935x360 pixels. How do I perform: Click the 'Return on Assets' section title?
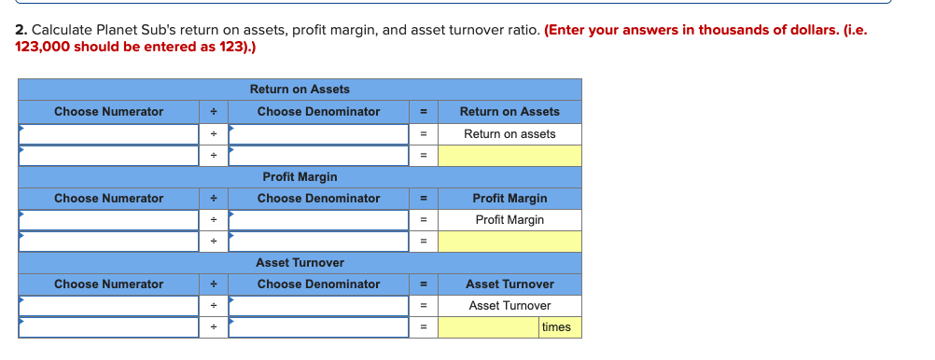tap(300, 90)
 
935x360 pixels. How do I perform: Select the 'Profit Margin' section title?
tap(300, 176)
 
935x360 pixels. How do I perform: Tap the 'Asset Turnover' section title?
tap(300, 263)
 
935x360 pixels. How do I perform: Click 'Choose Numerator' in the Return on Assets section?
tap(108, 112)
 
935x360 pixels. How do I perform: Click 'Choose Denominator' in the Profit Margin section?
tap(318, 199)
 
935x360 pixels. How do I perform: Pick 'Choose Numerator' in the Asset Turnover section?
tap(108, 284)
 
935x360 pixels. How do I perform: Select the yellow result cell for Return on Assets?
tap(509, 156)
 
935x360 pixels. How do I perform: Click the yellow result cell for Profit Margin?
tap(509, 242)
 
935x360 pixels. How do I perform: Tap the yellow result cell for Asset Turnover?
tap(488, 327)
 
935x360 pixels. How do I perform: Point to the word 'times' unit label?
tap(556, 327)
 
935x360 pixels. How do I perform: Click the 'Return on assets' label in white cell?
tap(509, 134)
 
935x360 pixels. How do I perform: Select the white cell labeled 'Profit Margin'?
tap(509, 220)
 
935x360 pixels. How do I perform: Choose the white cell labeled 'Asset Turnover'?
tap(509, 306)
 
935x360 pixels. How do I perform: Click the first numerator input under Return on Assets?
tap(108, 134)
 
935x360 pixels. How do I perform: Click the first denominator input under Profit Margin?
tap(318, 220)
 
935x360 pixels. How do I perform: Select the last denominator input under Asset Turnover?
tap(318, 327)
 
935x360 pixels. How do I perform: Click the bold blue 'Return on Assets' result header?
tap(509, 112)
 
